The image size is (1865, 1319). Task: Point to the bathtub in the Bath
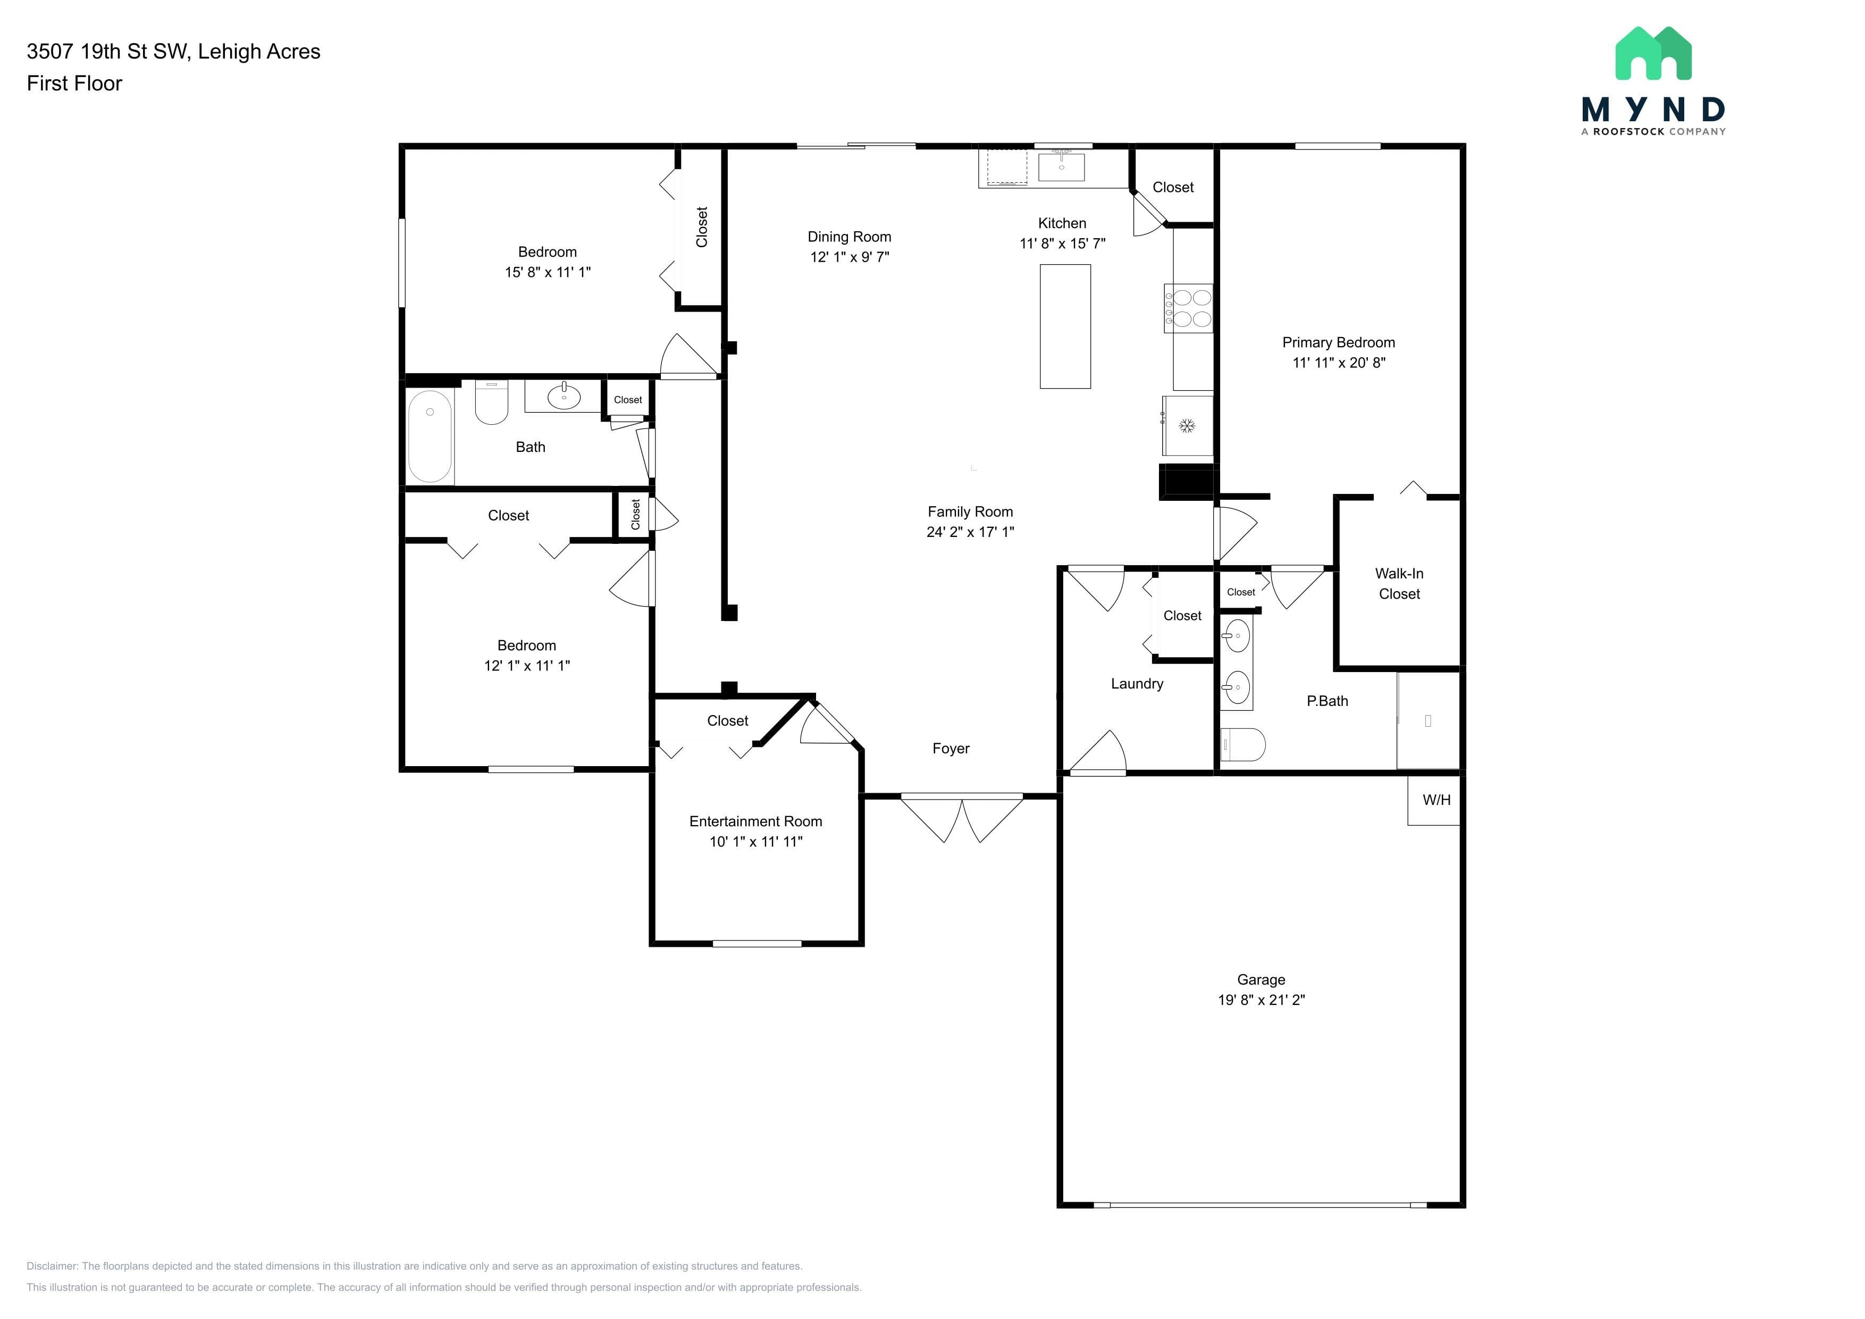tap(430, 436)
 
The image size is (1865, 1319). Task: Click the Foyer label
tap(951, 749)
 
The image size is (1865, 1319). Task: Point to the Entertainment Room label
tap(755, 821)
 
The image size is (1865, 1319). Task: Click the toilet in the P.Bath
tap(1243, 744)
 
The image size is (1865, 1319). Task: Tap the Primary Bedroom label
tap(1339, 343)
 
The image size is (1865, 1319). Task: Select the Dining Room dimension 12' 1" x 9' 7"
tap(850, 257)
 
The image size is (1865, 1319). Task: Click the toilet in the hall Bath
tap(491, 402)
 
